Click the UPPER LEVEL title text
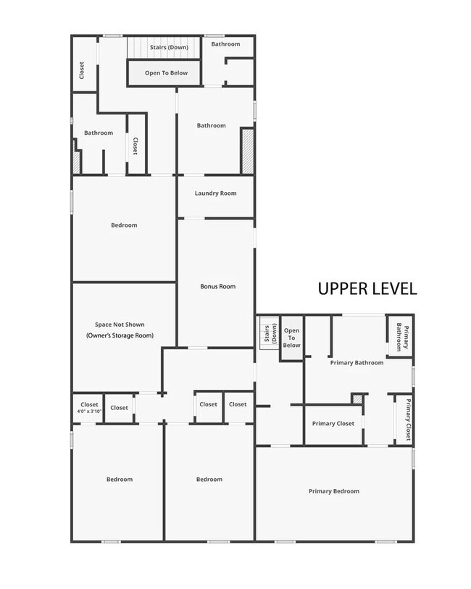coord(367,288)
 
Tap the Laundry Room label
coord(215,193)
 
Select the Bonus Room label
coord(218,286)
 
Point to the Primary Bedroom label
coord(333,491)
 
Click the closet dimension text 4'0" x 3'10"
coord(89,412)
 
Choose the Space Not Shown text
coord(124,325)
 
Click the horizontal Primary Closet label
coord(333,423)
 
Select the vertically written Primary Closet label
coord(408,419)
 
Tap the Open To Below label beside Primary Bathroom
coord(291,337)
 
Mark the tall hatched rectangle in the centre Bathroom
coord(247,151)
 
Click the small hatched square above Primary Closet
coord(357,398)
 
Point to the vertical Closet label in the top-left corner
coord(81,70)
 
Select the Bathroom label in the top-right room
coord(225,44)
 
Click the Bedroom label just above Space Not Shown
coord(124,225)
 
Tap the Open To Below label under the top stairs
coord(166,73)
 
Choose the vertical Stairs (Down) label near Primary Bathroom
coord(269,335)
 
